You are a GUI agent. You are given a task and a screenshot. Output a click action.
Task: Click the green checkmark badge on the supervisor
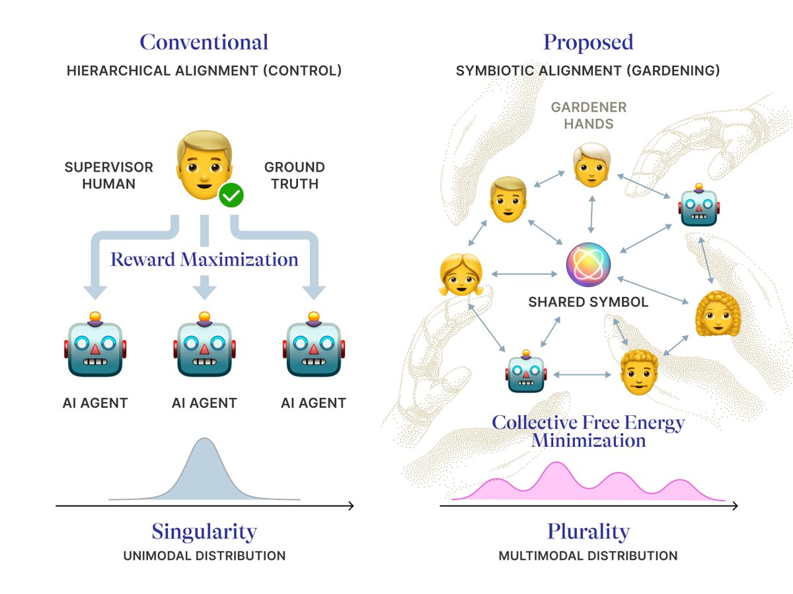coord(231,195)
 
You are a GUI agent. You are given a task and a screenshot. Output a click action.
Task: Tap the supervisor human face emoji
coord(204,165)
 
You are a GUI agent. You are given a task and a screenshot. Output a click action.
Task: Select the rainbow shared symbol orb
coord(588,265)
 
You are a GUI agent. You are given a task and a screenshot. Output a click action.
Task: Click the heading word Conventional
coord(204,42)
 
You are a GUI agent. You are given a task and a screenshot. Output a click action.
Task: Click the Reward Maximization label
coord(204,259)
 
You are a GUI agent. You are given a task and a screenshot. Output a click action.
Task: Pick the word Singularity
coord(204,532)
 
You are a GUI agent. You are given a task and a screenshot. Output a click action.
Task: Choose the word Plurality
coord(588,532)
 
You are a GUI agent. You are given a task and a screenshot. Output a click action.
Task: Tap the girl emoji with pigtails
coord(461,275)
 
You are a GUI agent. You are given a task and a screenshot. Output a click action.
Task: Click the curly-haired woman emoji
coord(718,313)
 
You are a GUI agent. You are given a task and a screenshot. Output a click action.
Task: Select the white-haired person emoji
coord(591,165)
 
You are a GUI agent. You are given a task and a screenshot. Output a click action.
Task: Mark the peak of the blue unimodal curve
coord(204,438)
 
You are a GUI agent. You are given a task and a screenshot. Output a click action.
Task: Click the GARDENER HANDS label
coord(589,115)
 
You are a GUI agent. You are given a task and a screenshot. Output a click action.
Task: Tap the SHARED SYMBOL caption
coord(588,302)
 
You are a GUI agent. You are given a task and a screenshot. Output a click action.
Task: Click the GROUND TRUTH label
coord(295,176)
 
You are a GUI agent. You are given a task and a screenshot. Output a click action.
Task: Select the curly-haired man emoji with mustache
coord(639,372)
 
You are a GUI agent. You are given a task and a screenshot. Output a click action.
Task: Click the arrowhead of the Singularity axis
coord(352,506)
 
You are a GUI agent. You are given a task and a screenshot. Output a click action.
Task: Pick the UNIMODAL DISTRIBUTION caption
coord(204,556)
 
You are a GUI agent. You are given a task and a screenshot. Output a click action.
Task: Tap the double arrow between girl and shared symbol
coord(524,274)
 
